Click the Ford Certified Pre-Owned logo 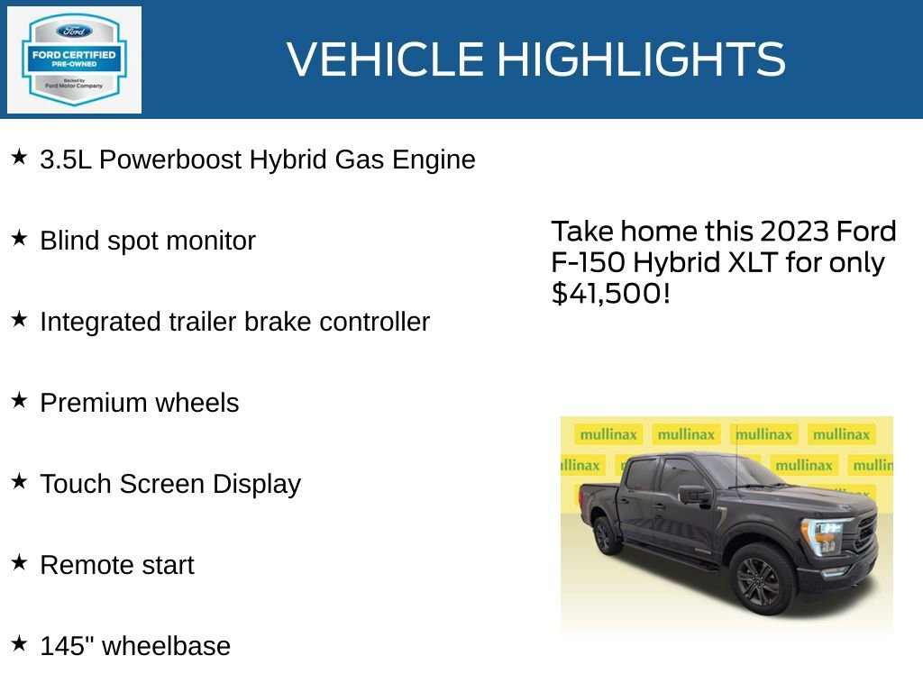click(x=74, y=60)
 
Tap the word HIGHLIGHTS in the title click(x=641, y=60)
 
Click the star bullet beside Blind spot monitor click(x=19, y=239)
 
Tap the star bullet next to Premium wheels click(x=19, y=401)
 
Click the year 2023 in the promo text click(x=793, y=232)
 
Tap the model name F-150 click(x=589, y=263)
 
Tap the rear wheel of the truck click(x=607, y=536)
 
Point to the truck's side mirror click(x=694, y=494)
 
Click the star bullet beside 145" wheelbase click(x=19, y=643)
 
